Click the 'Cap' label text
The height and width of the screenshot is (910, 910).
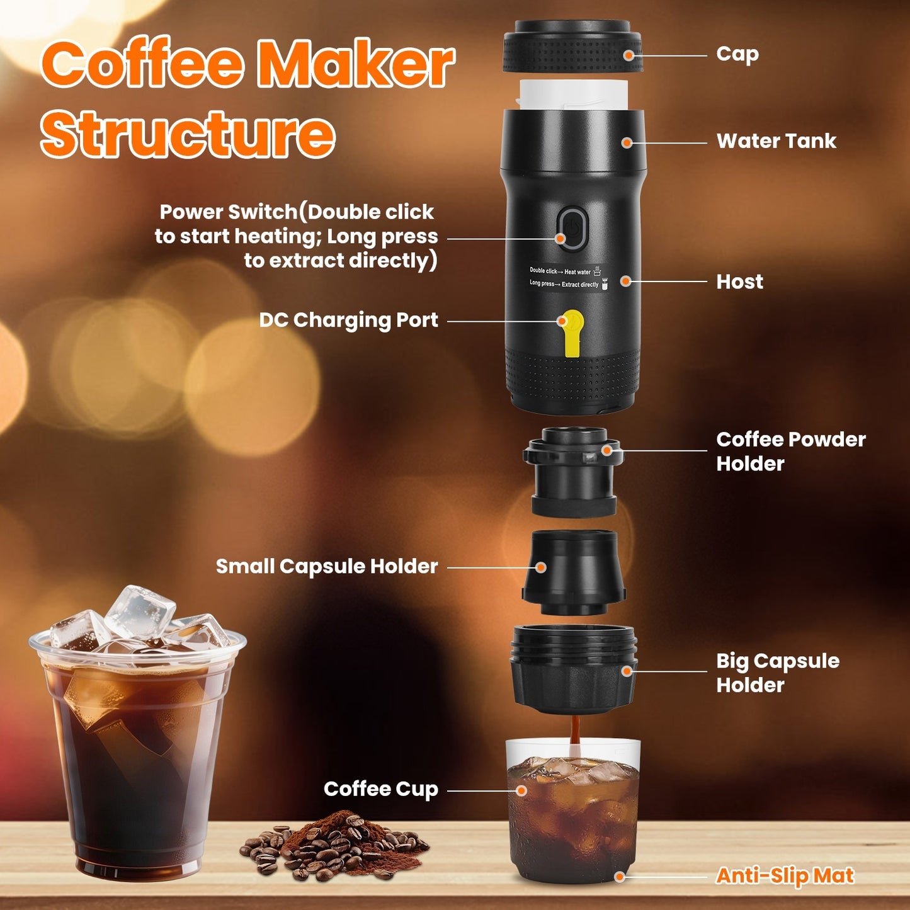737,55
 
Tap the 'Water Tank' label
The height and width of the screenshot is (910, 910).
776,141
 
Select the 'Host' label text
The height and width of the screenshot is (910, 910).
739,282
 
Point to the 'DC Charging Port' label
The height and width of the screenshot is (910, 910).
348,321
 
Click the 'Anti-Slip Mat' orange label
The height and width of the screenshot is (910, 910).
785,876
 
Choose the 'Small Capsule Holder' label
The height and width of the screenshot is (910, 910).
326,566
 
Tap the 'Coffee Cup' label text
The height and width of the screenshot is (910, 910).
380,789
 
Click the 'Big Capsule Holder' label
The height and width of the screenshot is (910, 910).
777,673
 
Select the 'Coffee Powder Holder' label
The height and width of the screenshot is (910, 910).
790,451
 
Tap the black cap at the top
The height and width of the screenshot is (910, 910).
572,47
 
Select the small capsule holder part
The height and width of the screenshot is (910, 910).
573,572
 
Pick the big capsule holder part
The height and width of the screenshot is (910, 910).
573,669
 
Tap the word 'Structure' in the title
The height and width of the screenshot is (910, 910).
188,134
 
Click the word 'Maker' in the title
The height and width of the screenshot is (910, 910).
356,64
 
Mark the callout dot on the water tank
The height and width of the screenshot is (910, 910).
627,143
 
